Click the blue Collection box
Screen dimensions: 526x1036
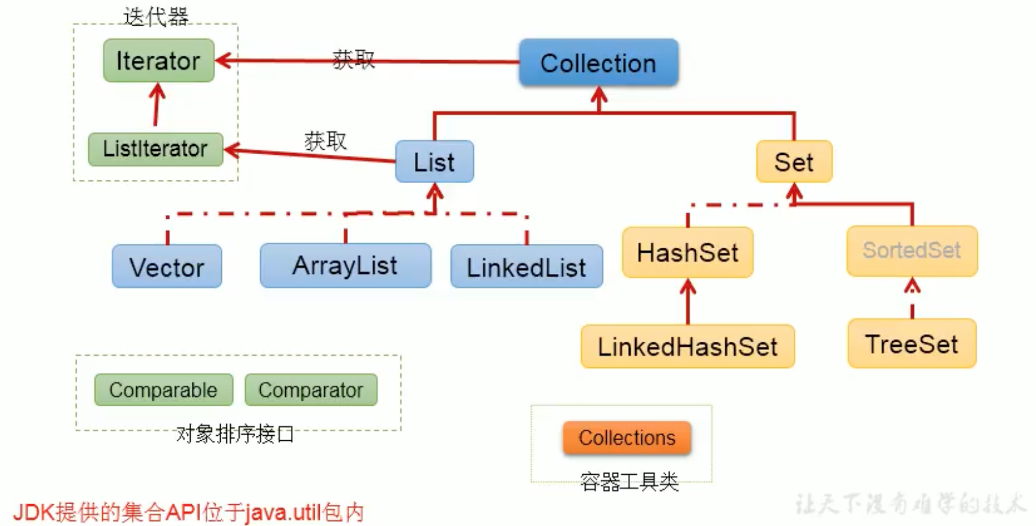598,63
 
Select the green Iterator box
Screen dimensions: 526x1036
159,61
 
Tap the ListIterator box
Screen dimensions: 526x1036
155,149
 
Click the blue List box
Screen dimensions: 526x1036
434,162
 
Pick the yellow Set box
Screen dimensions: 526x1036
794,162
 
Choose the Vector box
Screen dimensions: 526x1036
167,267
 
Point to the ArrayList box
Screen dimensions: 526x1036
345,266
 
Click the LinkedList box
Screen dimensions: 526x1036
526,267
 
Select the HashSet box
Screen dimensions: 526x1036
687,253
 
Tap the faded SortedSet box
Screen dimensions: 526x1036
911,250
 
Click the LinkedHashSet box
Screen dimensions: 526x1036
687,347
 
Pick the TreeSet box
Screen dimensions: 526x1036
911,344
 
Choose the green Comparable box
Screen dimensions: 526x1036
163,390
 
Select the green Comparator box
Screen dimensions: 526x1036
311,390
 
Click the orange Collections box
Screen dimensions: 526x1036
627,438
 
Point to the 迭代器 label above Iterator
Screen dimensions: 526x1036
156,17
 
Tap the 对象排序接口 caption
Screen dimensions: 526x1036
235,434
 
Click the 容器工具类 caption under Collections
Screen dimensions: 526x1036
629,481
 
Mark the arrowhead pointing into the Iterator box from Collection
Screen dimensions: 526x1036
222,61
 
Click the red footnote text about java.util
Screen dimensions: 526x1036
189,512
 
